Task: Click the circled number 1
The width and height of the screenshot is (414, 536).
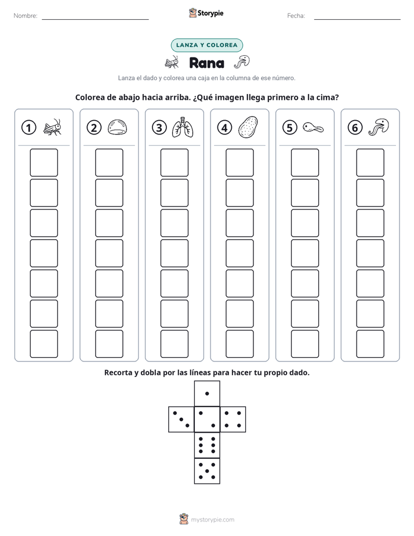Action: (28, 128)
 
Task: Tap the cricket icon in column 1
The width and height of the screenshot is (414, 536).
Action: (52, 127)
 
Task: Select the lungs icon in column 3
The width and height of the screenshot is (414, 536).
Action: (183, 128)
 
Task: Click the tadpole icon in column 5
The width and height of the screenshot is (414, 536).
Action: (313, 128)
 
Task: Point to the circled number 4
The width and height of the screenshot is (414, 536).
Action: (224, 128)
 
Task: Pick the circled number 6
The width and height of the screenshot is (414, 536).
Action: (355, 128)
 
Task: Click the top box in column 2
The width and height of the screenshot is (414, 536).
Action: (109, 162)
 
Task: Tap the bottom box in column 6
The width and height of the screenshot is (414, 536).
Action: (370, 344)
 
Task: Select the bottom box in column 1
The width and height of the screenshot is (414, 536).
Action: (43, 344)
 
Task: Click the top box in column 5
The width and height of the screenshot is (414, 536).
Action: (304, 162)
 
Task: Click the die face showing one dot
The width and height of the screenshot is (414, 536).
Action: (207, 394)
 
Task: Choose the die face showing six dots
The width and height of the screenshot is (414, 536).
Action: (207, 445)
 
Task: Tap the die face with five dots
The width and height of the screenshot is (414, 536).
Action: (207, 471)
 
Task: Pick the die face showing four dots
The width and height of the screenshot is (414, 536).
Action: (233, 419)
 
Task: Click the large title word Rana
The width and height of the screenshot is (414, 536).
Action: (206, 63)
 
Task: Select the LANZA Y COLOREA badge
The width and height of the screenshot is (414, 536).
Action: (206, 45)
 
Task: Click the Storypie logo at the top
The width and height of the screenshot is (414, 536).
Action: (206, 13)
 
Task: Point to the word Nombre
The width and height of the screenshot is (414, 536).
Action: (26, 16)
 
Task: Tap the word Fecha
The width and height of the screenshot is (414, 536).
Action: (296, 16)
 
